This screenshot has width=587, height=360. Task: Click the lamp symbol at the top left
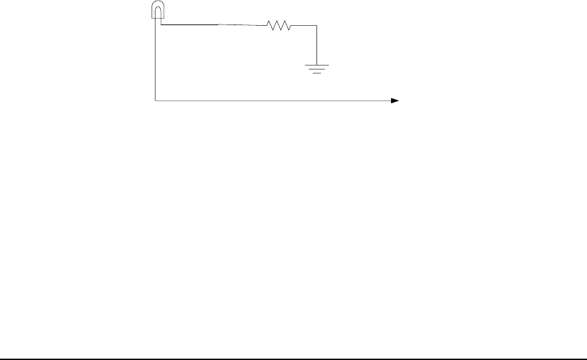(x=158, y=11)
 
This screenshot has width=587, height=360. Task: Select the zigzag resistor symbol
(x=279, y=26)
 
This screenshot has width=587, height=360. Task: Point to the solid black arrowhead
(x=394, y=101)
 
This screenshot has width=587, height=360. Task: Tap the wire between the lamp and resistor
(x=212, y=25)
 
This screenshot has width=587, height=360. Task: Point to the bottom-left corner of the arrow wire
(x=156, y=101)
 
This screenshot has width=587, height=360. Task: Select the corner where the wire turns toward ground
(x=318, y=26)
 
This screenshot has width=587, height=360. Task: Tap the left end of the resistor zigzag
(x=267, y=26)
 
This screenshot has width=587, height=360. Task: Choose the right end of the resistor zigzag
(x=291, y=26)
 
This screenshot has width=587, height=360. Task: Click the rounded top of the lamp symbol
(x=158, y=4)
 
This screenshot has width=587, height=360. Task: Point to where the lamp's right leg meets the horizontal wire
(x=161, y=24)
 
